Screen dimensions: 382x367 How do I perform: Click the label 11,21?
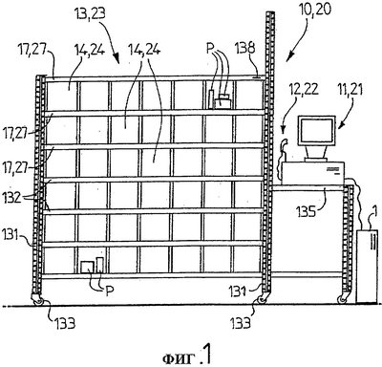click(350, 90)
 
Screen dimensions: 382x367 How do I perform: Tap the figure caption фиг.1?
click(186, 356)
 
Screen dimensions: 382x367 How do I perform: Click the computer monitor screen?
click(316, 132)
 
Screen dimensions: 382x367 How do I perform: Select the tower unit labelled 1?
click(367, 266)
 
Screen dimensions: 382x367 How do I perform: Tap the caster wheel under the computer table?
click(342, 299)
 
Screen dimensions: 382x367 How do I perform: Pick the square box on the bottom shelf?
click(87, 268)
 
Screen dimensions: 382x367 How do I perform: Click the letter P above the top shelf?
click(209, 50)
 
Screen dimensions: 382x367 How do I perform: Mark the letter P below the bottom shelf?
click(110, 291)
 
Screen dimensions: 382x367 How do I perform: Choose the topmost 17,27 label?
click(32, 52)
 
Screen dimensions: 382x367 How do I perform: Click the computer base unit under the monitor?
click(312, 173)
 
